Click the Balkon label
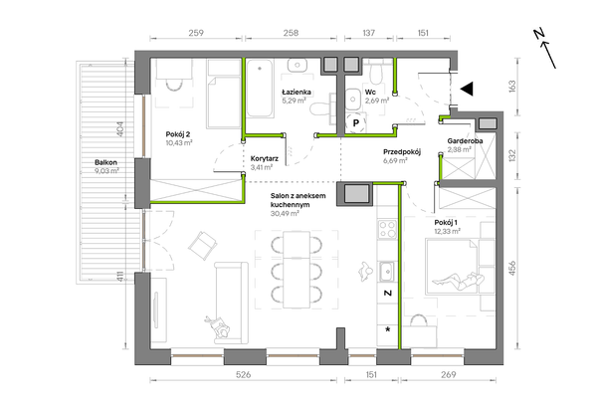105,162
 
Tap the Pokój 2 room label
178,134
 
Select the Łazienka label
297,92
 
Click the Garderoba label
465,141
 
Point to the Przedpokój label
402,152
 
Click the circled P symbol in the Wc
356,123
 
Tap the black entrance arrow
467,89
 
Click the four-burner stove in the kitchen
387,229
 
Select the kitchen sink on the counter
387,272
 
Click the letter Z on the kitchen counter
388,293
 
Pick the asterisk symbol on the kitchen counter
388,329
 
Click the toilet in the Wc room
376,73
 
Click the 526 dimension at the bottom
244,375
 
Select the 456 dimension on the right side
512,268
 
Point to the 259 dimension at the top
196,33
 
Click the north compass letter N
538,34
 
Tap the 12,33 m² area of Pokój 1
448,231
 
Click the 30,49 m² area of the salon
285,214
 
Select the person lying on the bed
458,281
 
